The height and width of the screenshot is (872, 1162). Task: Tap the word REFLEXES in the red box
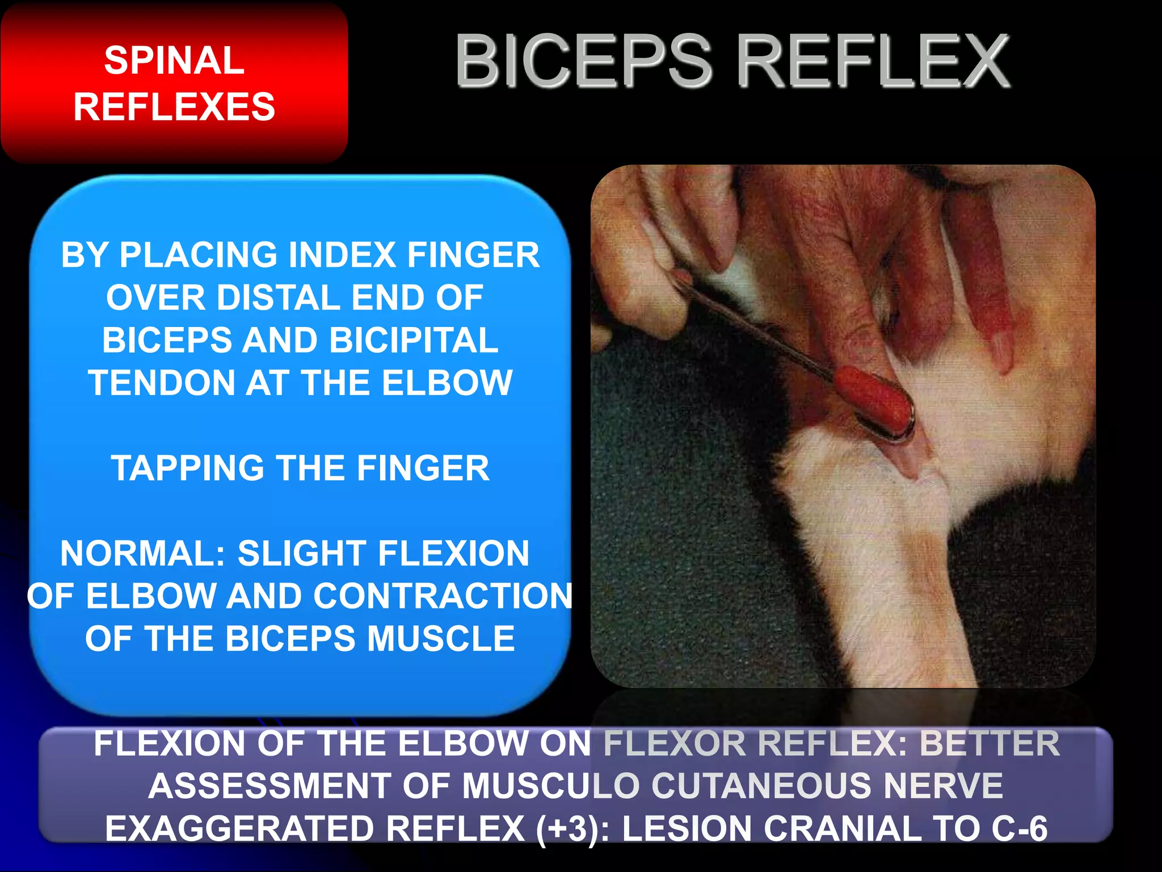click(x=174, y=107)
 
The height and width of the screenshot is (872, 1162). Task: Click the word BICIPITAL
click(x=414, y=340)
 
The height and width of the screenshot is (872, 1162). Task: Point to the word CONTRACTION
click(x=443, y=596)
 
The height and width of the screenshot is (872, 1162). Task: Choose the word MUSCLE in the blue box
click(x=441, y=639)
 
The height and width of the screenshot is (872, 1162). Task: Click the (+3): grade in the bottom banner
click(x=573, y=829)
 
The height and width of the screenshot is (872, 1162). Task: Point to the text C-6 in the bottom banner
click(x=1020, y=829)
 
